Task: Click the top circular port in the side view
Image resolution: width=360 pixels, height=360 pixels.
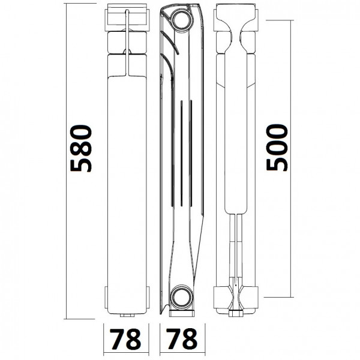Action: pyautogui.click(x=181, y=18)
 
